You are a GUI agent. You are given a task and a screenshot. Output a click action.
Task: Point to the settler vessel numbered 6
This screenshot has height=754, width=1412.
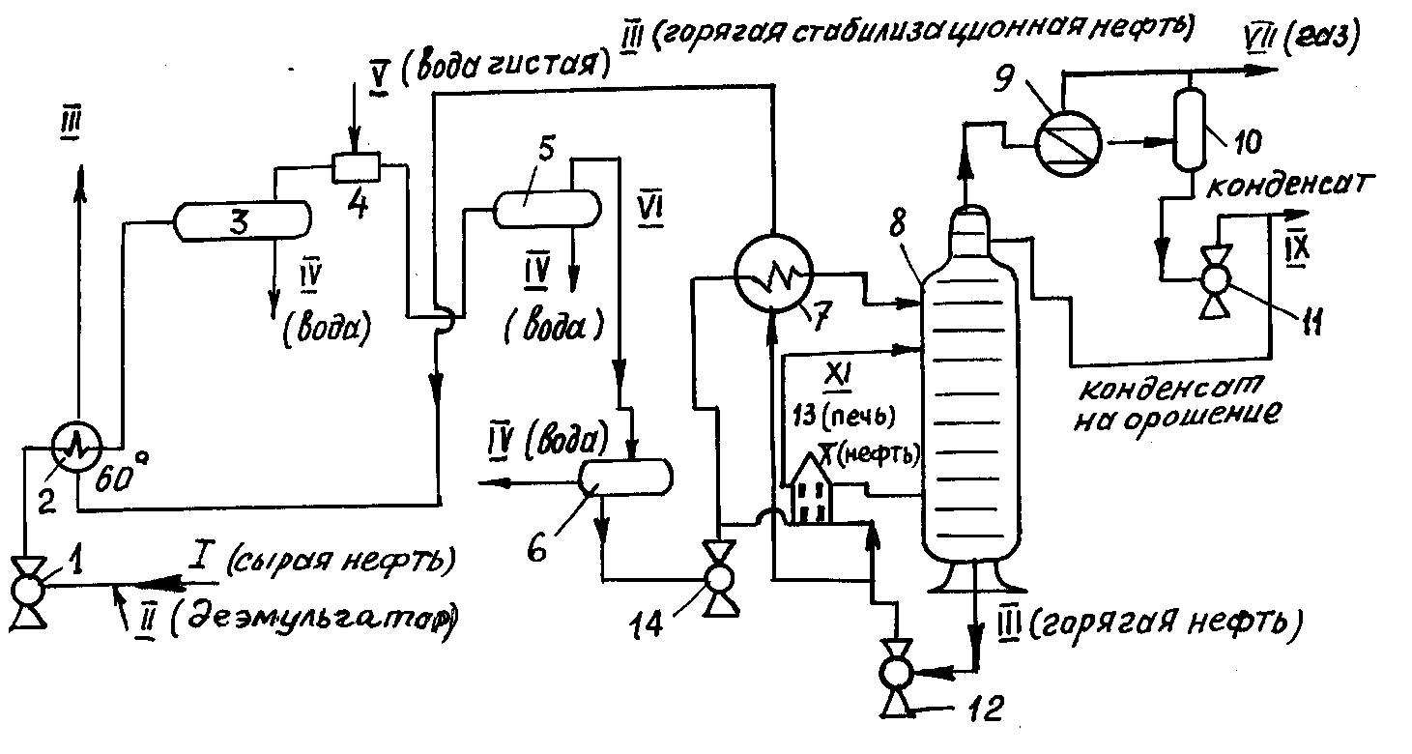click(623, 475)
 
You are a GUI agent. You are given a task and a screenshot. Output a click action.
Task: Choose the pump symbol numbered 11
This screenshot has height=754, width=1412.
click(1212, 280)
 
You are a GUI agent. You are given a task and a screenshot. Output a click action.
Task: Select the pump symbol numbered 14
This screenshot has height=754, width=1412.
click(718, 578)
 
